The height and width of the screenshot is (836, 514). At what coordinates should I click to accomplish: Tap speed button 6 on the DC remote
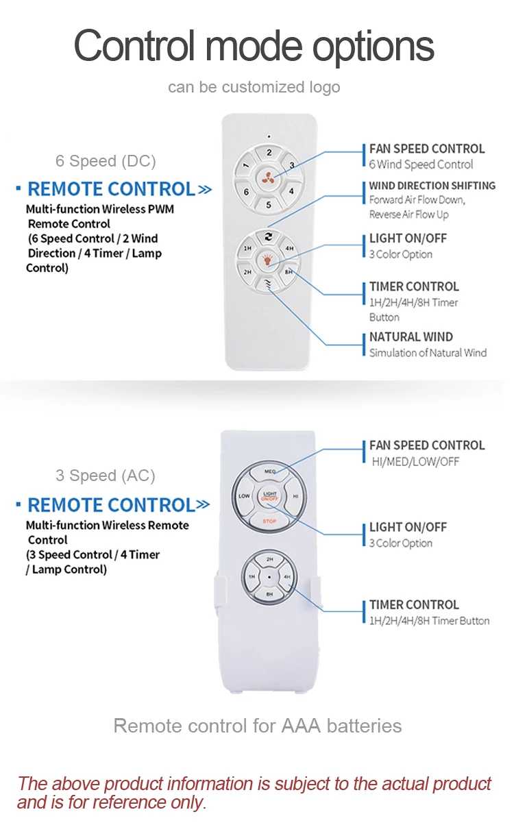pos(247,192)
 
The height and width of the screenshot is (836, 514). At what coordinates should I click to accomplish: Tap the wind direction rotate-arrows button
pos(269,236)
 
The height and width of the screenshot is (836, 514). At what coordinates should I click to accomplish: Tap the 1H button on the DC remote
pos(247,248)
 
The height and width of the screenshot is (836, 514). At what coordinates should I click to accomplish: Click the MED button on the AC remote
pos(269,471)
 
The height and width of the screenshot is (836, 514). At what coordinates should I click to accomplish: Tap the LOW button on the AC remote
pos(245,495)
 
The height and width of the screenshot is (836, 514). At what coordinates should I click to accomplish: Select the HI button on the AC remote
pos(295,495)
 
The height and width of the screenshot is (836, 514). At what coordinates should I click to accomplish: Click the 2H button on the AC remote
pos(269,560)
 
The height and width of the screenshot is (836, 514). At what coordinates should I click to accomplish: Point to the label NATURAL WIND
pos(411,337)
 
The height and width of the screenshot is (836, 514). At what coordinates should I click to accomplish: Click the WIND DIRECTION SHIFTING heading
pos(432,186)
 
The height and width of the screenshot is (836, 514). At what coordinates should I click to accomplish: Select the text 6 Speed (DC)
pos(106,161)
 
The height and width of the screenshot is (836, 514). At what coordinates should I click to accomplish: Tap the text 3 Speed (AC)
pos(106,476)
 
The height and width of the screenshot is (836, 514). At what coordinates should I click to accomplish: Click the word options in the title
pos(373,46)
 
